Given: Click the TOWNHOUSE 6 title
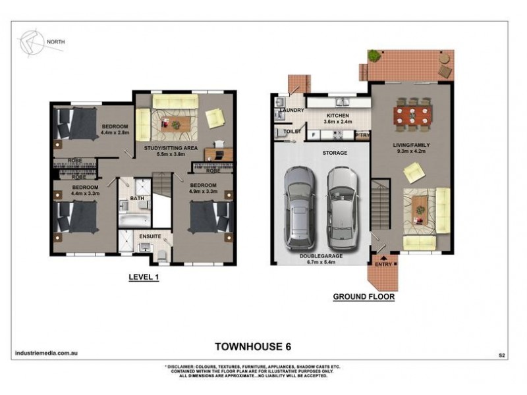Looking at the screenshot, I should pyautogui.click(x=254, y=345).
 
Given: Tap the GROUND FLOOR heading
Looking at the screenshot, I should pyautogui.click(x=363, y=297).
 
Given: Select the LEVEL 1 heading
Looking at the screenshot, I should pyautogui.click(x=144, y=278).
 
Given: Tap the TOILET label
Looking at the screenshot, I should pyautogui.click(x=292, y=132).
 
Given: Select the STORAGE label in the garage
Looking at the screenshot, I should pyautogui.click(x=335, y=152).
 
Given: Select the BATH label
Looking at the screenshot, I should pyautogui.click(x=136, y=197).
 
